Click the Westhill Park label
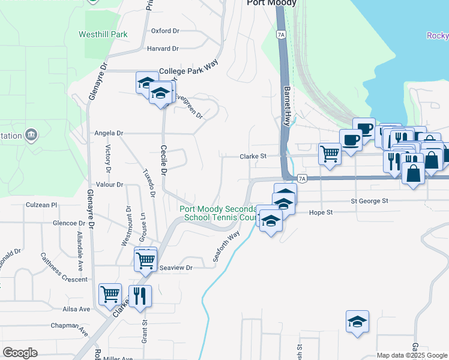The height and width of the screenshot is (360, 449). click(x=103, y=34)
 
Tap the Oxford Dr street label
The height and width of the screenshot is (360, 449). click(x=165, y=31)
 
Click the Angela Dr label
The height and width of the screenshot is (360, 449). click(x=109, y=133)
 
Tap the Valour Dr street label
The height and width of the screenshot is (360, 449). click(x=109, y=185)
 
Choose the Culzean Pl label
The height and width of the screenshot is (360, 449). click(x=41, y=205)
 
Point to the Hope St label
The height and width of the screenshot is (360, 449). click(x=321, y=212)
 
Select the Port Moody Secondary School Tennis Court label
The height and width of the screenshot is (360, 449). click(x=219, y=213)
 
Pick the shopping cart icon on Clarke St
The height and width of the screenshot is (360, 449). click(x=330, y=153)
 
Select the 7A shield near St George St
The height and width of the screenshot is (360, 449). click(x=302, y=178)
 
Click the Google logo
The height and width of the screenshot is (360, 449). click(x=20, y=353)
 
